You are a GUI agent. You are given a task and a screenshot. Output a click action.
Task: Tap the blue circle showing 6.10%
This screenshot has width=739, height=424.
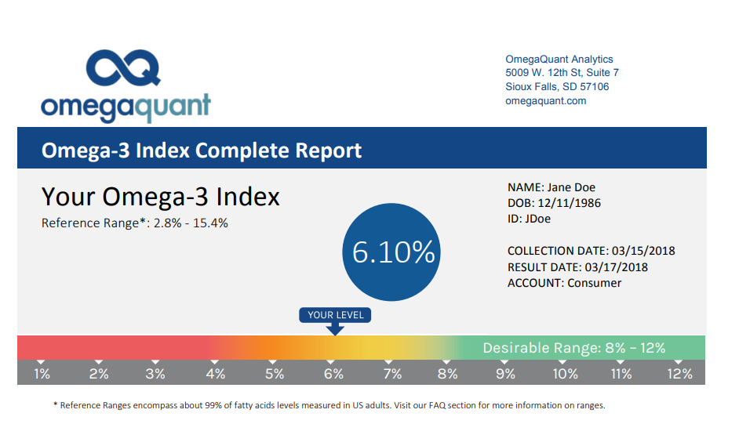(x=392, y=252)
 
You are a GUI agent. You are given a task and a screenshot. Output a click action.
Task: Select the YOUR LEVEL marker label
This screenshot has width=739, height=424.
(x=336, y=315)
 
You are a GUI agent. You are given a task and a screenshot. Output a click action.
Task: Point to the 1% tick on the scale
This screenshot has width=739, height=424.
(x=42, y=374)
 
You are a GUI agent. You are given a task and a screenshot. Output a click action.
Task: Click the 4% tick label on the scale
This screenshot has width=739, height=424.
(x=216, y=374)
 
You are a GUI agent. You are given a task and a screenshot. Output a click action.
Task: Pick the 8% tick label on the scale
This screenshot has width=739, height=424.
(x=448, y=374)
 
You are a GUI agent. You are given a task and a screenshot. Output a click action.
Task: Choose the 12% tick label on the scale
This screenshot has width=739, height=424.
(x=680, y=374)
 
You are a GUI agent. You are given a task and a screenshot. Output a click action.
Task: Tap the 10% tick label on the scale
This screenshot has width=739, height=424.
(x=565, y=374)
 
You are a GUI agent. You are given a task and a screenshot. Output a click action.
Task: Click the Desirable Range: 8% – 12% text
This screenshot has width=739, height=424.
(x=574, y=348)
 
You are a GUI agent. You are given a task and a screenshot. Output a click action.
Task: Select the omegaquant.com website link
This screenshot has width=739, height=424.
(x=545, y=101)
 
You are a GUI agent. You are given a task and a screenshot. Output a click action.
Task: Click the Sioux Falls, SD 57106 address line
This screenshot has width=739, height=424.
(x=557, y=87)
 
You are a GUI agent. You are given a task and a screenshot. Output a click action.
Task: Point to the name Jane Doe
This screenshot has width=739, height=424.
(x=571, y=187)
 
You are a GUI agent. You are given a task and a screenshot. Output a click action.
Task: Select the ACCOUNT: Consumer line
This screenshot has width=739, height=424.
(x=564, y=283)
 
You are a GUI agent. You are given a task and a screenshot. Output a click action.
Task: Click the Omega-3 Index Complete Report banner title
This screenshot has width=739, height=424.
(x=202, y=150)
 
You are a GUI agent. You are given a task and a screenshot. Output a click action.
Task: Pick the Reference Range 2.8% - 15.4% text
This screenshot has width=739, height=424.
(x=135, y=223)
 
